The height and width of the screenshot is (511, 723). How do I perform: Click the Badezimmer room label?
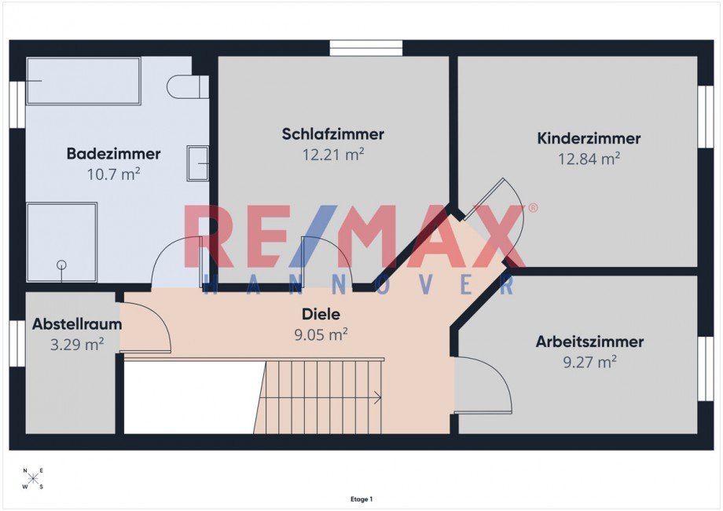click(x=113, y=154)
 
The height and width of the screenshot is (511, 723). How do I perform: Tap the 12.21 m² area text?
click(x=332, y=155)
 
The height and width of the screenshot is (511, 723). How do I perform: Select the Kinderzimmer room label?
click(x=589, y=139)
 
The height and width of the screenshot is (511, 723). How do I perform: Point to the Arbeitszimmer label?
click(x=589, y=342)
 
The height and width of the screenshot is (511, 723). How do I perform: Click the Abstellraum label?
click(x=77, y=323)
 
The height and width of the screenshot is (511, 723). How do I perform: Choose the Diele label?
click(x=321, y=314)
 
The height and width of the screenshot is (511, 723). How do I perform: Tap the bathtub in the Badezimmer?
click(x=83, y=80)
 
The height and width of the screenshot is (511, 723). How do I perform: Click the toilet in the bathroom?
click(x=188, y=86)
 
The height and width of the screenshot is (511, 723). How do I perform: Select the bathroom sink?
click(x=197, y=163)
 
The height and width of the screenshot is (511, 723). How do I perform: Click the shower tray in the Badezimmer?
click(x=62, y=242)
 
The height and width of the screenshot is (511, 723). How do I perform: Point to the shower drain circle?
click(x=61, y=265)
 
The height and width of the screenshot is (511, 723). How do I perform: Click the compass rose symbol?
click(x=33, y=479)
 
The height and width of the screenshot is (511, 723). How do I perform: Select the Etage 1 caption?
click(x=361, y=499)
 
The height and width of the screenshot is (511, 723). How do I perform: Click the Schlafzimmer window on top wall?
click(x=365, y=49)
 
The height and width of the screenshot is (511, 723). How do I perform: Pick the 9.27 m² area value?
click(x=589, y=362)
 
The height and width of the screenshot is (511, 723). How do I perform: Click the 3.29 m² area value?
click(x=77, y=343)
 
